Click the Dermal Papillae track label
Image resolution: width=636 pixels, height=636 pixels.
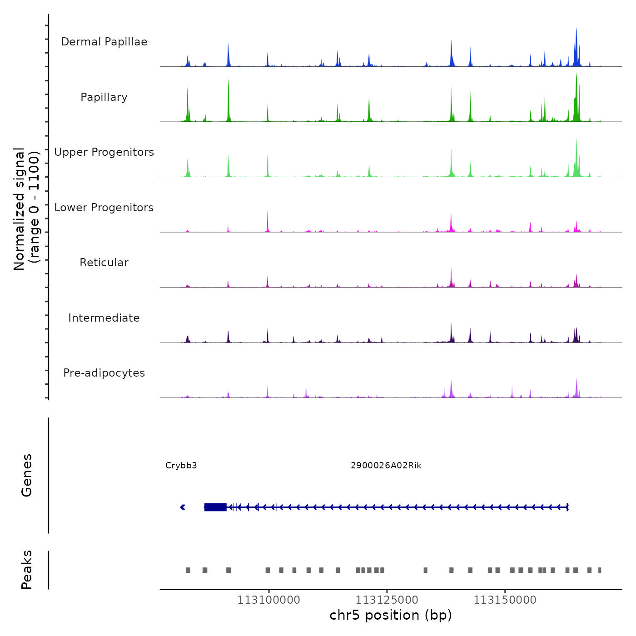coord(104,42)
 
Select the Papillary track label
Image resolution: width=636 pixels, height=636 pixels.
coord(104,97)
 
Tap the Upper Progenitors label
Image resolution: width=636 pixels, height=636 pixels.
coord(104,152)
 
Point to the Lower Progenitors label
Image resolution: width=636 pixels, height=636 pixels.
coord(104,208)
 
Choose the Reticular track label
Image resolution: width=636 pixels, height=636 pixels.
coord(104,263)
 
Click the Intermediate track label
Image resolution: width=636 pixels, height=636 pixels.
coord(104,318)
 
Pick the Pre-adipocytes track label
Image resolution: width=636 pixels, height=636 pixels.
coord(104,373)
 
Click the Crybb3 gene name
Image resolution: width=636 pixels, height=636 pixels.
coord(181,466)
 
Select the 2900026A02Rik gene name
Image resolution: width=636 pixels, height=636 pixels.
coord(386,466)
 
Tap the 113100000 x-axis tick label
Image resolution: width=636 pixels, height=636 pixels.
coord(269,600)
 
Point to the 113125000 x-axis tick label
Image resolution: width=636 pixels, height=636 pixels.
coord(387,600)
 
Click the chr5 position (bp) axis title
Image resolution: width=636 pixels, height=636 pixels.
coord(391,616)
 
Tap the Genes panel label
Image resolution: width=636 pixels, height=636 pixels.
coord(27,475)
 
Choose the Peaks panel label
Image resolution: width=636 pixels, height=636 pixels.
coord(27,570)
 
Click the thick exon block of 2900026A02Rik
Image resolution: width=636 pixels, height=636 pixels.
coord(215,507)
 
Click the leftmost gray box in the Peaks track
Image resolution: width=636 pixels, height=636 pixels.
coord(188,570)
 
